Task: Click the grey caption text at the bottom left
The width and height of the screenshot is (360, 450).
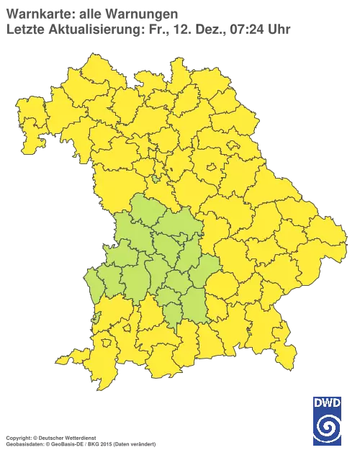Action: pos(79,436)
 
